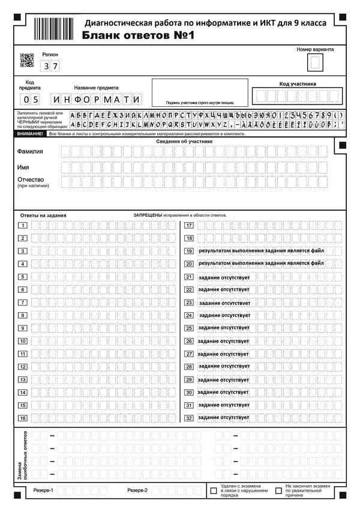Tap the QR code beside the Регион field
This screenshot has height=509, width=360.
26,60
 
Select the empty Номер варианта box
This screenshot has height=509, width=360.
314,62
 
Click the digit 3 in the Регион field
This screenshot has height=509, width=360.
46,67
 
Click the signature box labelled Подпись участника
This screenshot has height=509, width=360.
196,92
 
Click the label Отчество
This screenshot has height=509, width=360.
31,179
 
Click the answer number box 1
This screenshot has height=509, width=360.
23,226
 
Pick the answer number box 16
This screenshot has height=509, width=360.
23,418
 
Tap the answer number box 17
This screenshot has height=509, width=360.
188,226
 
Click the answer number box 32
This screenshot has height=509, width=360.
188,418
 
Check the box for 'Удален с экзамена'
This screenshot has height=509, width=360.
214,490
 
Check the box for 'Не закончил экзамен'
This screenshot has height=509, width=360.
278,490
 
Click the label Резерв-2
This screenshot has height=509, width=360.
137,490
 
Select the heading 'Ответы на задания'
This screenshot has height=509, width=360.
43,215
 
